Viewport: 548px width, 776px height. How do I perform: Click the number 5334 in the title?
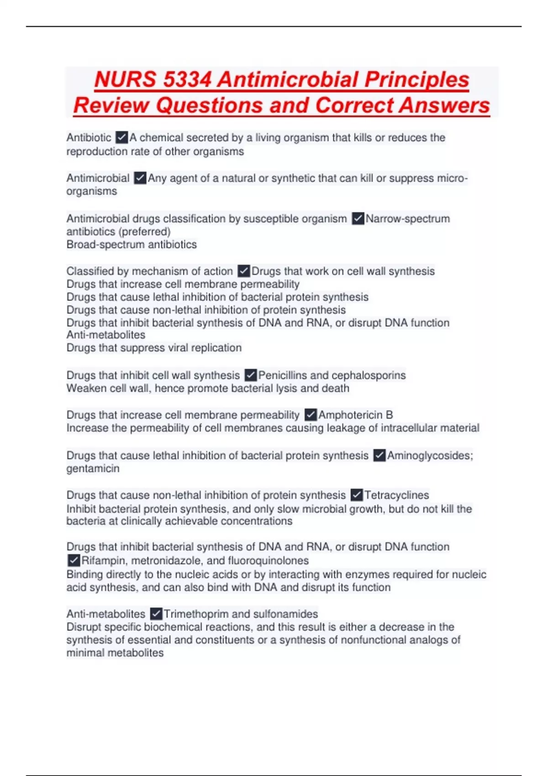coord(187,79)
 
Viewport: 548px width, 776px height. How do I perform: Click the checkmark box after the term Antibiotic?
coord(121,137)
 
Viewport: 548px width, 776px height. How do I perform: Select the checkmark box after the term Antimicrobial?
coord(140,178)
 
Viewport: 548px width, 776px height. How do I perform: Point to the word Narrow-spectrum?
coord(407,219)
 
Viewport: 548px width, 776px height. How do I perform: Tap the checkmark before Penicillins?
coord(250,375)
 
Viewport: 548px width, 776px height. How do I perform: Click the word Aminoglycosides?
coord(430,456)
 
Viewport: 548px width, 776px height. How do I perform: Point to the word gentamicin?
coord(93,469)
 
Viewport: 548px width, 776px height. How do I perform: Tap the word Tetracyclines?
coord(396,495)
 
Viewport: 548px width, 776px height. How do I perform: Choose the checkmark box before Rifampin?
coord(74,561)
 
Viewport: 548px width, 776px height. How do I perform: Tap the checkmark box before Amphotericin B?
coord(310,415)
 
